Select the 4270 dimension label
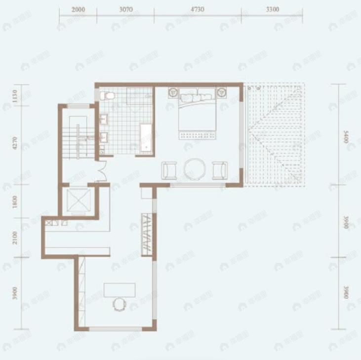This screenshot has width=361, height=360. (15, 143)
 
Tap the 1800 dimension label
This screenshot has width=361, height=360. (15, 202)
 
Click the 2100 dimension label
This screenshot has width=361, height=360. (15, 237)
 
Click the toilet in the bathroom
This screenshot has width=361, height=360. (108, 95)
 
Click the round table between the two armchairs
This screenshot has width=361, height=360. (194, 168)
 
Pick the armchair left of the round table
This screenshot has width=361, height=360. (169, 170)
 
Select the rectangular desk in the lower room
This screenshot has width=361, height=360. (120, 289)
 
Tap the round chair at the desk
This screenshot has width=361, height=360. (119, 304)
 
